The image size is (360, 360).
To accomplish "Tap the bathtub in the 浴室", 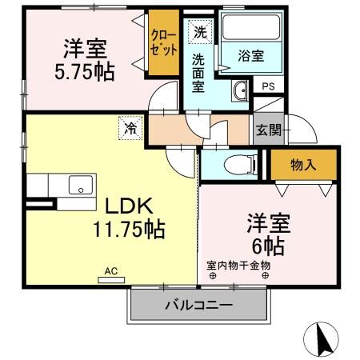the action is coord(251,27).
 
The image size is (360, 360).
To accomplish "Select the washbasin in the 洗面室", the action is coord(240,90).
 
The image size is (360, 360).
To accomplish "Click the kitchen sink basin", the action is coord(81,185).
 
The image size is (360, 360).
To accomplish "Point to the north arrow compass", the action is coord(321,339).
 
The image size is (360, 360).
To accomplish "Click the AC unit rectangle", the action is coord(111,280).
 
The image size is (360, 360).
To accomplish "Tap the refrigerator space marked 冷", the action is coord(130,128).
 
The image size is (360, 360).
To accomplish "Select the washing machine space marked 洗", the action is coord(200,32).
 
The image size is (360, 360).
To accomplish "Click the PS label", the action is coord(268,86).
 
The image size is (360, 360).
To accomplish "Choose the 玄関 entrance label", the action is coord(269,130).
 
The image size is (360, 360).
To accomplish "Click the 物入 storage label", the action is coord(303,165).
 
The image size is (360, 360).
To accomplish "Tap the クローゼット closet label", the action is coord(163,42).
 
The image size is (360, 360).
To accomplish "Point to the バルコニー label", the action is coord(198,305).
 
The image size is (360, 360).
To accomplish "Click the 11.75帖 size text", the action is coord(129,230).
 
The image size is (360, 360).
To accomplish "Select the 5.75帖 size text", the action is coord(85,72).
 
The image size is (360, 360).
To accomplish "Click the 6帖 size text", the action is coord(268,246).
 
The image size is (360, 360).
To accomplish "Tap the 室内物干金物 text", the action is coord(238,266).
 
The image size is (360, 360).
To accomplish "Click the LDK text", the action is coord(129,206).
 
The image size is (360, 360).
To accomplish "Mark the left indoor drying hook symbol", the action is coord(213,276).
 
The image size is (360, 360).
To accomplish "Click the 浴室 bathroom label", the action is coord(251,56).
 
